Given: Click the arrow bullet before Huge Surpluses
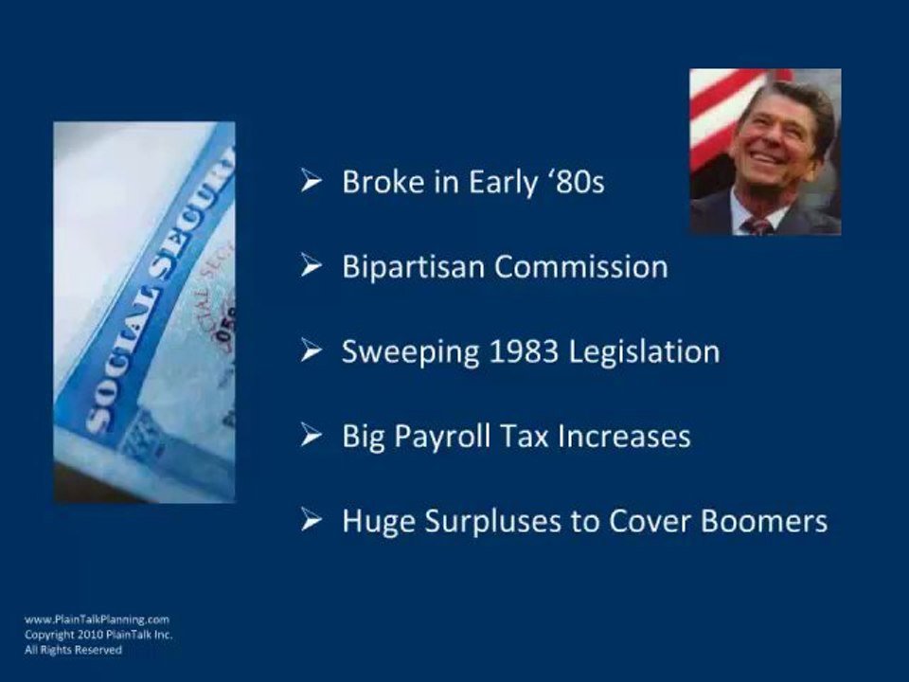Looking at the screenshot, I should click(x=312, y=521).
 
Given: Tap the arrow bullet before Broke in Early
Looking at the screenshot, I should click(x=312, y=181).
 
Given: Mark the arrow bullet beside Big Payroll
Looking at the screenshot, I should click(x=312, y=436).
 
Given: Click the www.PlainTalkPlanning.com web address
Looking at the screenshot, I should click(x=97, y=619).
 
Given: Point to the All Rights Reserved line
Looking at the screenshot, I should click(x=73, y=651).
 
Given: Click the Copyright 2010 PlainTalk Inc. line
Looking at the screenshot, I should click(x=98, y=635).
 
